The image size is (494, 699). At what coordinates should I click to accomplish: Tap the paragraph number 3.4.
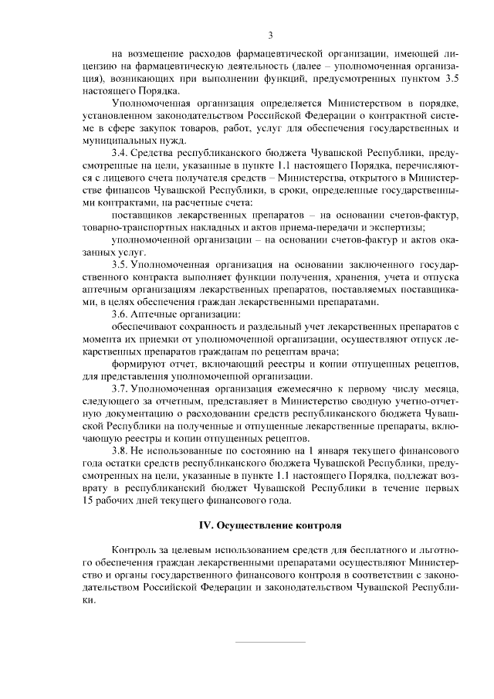click(x=121, y=154)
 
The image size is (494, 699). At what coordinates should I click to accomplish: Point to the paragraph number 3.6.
click(x=121, y=314)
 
